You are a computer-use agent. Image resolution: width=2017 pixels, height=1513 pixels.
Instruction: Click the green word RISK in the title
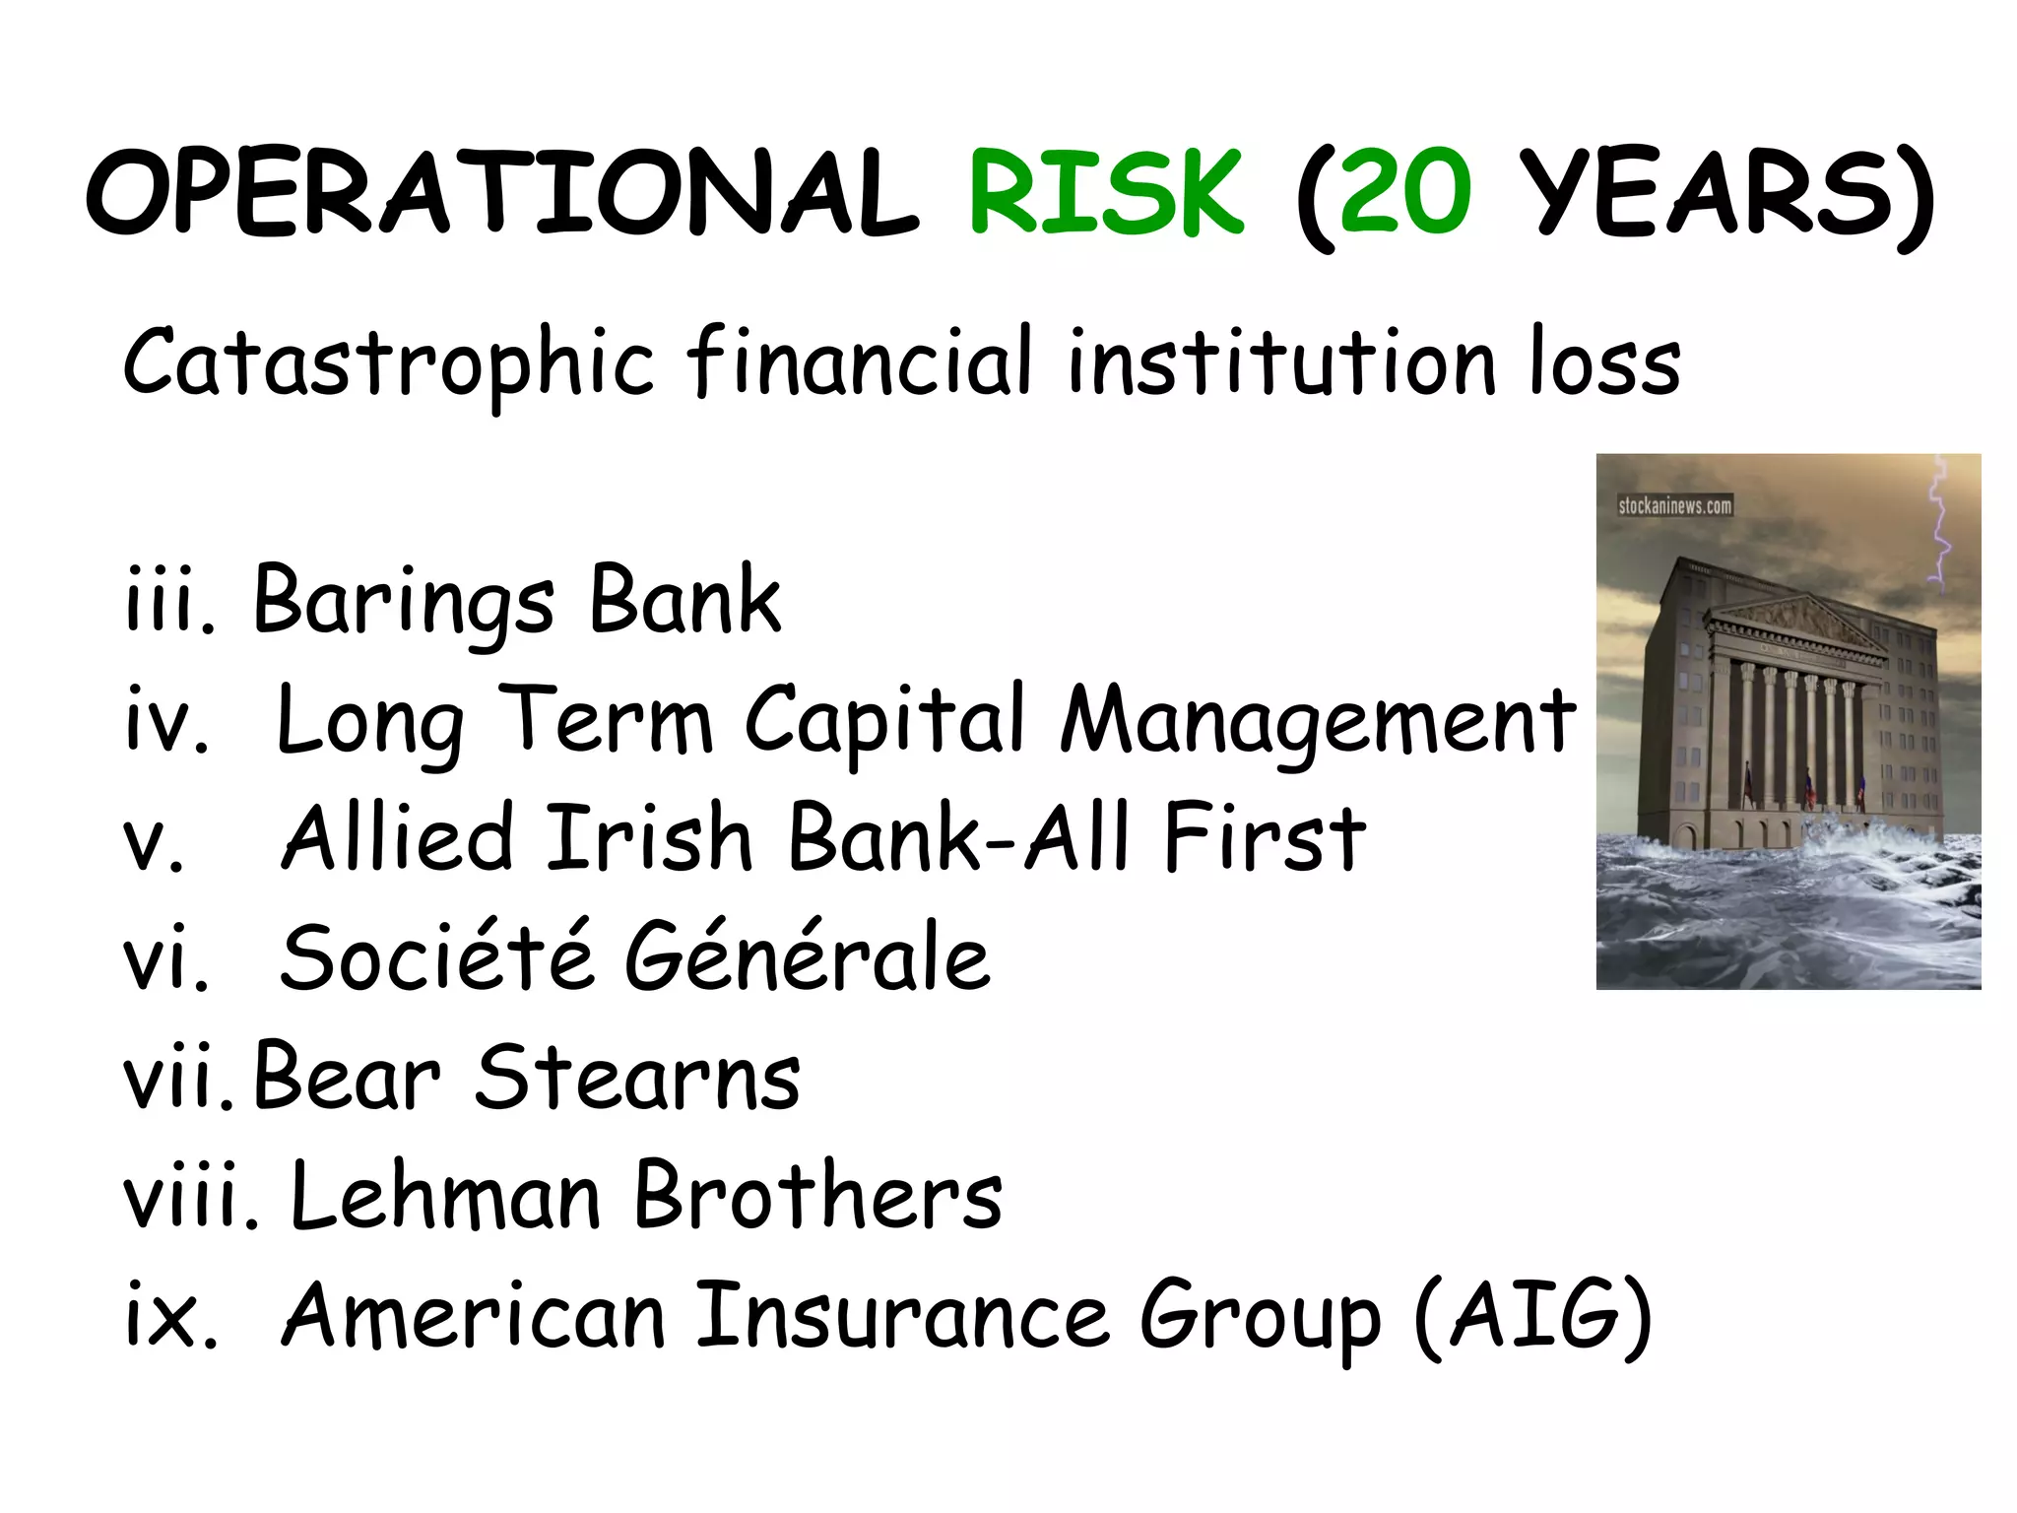pyautogui.click(x=1106, y=192)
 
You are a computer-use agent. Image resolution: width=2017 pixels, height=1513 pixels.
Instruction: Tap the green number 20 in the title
pyautogui.click(x=1405, y=192)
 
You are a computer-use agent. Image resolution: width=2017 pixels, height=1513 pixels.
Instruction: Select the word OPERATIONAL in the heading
pyautogui.click(x=502, y=192)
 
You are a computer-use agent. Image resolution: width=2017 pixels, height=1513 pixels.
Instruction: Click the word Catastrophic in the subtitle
pyautogui.click(x=388, y=362)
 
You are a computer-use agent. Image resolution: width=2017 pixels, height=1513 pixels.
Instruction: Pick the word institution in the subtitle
pyautogui.click(x=1281, y=362)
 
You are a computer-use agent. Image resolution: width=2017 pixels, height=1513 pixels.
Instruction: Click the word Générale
pyautogui.click(x=808, y=957)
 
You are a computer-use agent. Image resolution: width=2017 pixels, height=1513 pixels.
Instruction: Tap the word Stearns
pyautogui.click(x=638, y=1078)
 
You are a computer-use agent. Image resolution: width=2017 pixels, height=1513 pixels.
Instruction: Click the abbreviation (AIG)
pyautogui.click(x=1532, y=1317)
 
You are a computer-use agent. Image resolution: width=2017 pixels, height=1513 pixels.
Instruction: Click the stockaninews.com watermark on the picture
pyautogui.click(x=1674, y=505)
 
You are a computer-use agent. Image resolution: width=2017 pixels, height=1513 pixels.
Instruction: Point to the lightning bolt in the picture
pyautogui.click(x=1938, y=527)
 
